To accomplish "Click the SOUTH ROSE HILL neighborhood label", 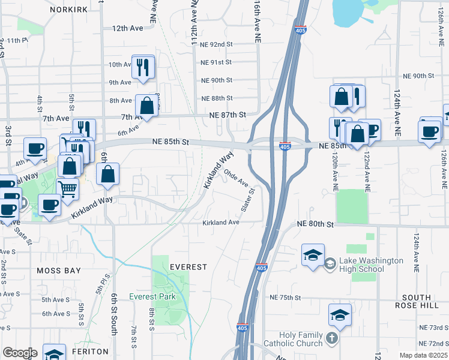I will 417,301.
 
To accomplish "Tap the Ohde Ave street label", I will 236,178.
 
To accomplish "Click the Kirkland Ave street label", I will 221,223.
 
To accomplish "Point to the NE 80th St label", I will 315,224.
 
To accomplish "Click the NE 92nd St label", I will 217,44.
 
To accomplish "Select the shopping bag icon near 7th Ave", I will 146,106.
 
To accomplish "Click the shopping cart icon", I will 68,189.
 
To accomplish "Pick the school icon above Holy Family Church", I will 339,315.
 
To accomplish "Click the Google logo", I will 19,353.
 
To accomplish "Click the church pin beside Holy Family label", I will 331,339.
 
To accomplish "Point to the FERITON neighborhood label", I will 89,352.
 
